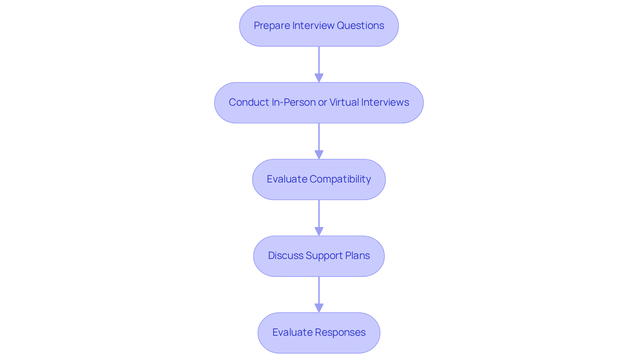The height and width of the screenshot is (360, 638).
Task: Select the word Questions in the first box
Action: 360,26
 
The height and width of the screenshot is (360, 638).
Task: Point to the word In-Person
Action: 293,102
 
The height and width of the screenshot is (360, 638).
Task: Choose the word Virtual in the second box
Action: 344,102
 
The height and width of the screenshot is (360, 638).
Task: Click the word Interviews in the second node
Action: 385,102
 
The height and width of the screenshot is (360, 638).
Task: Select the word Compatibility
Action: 340,179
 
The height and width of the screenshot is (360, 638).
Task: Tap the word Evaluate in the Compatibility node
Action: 287,179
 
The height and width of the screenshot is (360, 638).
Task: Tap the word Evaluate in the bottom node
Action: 292,332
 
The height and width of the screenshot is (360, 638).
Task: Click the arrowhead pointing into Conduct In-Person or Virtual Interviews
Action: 319,78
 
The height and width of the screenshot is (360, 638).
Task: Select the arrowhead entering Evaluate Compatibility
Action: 319,155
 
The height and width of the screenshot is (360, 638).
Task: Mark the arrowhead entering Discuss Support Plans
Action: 319,232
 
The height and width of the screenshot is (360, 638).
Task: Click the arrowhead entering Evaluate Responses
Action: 319,308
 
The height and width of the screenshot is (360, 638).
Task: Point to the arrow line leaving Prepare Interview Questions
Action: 319,60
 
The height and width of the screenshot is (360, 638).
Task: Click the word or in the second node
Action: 322,102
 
